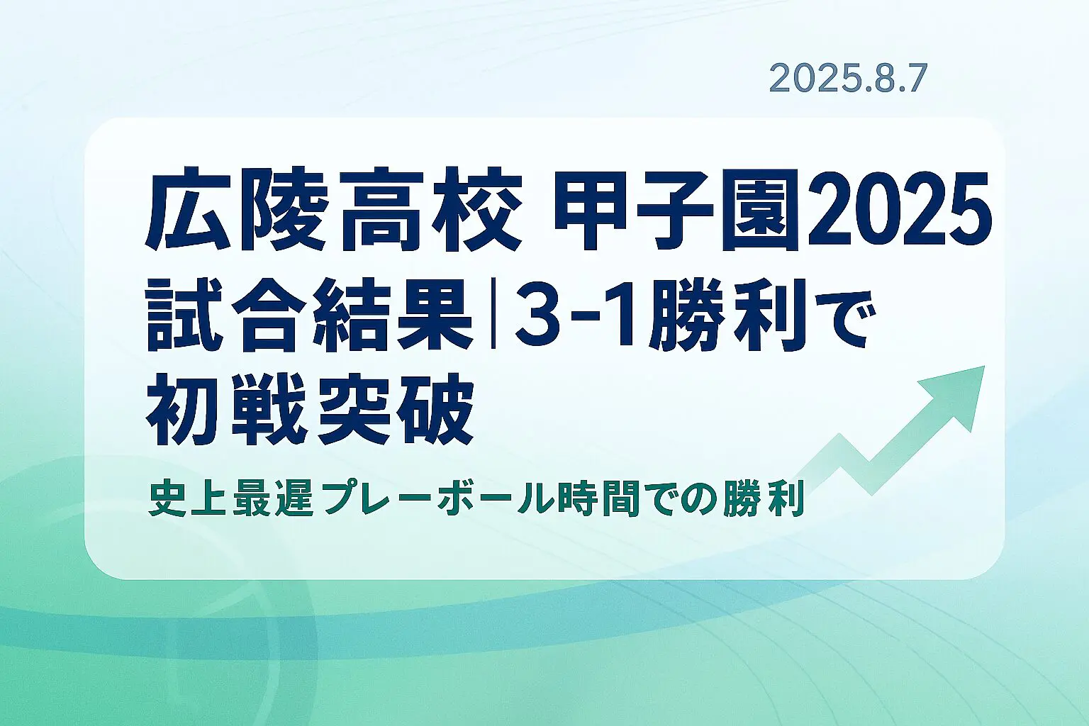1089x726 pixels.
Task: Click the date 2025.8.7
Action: (848, 78)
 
